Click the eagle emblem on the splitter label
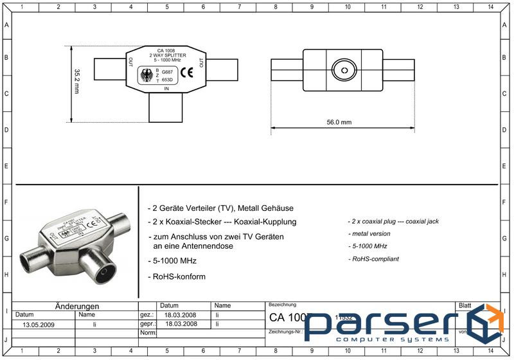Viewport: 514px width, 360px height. click(147, 76)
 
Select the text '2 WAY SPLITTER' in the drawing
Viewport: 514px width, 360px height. click(166, 55)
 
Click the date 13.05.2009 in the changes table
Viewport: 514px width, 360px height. click(39, 325)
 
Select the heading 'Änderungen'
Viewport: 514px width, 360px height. click(77, 307)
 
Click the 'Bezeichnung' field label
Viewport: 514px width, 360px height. click(282, 304)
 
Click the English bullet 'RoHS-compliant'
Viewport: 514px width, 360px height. click(374, 259)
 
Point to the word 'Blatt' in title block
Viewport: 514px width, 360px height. click(464, 305)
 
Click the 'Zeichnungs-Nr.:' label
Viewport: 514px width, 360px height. click(285, 333)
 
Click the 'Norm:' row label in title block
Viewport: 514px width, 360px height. click(148, 333)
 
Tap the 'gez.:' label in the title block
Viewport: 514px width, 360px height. click(146, 316)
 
